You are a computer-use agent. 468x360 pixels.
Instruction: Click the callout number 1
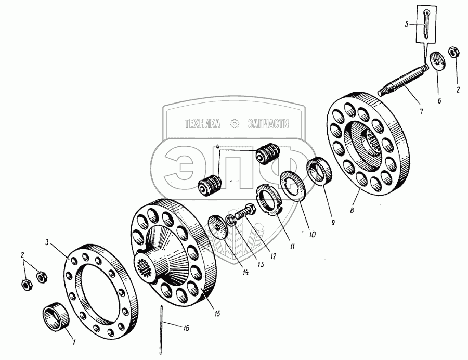74,342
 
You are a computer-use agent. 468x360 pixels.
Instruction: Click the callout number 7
422,111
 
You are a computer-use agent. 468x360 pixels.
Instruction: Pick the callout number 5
408,23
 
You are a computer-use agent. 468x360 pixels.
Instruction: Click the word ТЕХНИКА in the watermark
202,123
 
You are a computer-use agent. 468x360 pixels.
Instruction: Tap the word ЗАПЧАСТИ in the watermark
268,123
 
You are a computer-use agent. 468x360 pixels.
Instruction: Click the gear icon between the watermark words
234,123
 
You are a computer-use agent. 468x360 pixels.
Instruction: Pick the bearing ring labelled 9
318,172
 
